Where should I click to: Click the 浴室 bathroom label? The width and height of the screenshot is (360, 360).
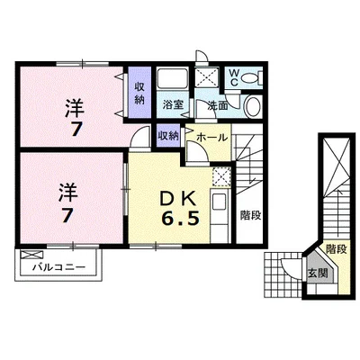click(x=174, y=104)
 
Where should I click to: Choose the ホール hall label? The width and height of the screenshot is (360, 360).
click(x=211, y=137)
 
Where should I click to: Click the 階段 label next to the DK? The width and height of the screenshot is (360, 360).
click(x=250, y=215)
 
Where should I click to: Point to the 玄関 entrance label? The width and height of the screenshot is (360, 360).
click(x=317, y=273)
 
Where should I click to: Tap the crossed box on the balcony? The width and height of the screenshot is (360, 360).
click(x=31, y=256)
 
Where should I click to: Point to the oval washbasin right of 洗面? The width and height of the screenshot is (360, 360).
click(x=251, y=105)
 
